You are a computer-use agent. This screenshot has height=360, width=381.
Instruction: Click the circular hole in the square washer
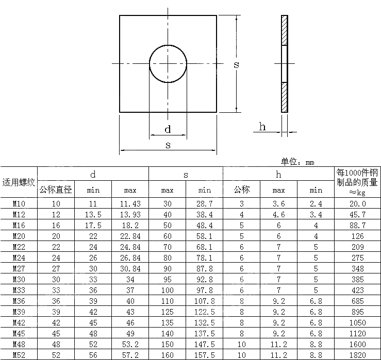168,64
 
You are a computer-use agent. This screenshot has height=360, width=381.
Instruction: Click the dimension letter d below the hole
168,129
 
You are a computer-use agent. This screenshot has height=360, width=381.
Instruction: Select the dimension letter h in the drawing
262,127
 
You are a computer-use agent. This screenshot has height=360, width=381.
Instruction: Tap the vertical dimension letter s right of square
236,64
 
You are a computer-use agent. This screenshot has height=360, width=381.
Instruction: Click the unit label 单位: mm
297,162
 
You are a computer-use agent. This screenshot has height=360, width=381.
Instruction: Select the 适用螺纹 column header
19,182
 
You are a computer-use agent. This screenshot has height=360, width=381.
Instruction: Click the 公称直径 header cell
56,190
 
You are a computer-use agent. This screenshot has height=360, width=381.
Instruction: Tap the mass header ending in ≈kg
357,182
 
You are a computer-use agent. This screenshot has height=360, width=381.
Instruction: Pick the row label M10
19,204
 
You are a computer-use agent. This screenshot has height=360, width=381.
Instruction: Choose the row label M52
19,355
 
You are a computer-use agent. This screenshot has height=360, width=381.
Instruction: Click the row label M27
19,269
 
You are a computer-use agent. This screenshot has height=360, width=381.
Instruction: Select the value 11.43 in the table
130,204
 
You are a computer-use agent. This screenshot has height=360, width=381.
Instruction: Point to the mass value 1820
357,355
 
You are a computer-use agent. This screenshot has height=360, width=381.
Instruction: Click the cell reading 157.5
205,355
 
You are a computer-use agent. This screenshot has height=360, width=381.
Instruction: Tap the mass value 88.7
357,226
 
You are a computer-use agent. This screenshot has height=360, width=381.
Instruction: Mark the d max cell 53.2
130,345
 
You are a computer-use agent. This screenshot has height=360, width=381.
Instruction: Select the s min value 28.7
205,204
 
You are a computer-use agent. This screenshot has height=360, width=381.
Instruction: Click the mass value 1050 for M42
357,323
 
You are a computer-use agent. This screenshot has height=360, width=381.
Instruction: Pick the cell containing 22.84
130,236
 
